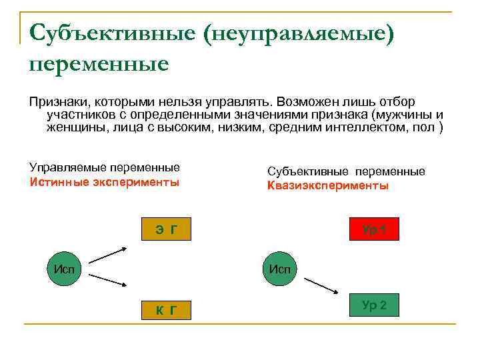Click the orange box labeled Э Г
166,230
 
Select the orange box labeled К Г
166,309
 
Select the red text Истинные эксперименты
105,181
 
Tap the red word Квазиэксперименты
327,186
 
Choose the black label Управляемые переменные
105,167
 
